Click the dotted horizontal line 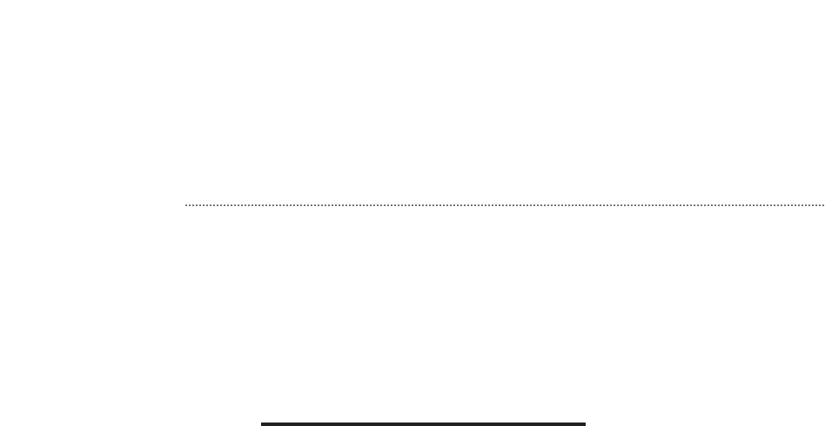click(x=505, y=206)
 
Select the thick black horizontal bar click(x=423, y=424)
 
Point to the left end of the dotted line click(x=186, y=206)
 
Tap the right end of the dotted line click(x=823, y=206)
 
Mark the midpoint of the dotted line click(x=505, y=206)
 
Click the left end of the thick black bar click(x=263, y=424)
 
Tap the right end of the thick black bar click(x=584, y=424)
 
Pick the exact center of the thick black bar click(x=423, y=424)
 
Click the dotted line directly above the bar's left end click(x=262, y=206)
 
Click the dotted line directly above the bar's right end click(x=585, y=206)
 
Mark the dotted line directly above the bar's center click(x=423, y=206)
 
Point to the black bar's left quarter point click(x=343, y=424)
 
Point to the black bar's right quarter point click(x=504, y=424)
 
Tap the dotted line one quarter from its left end click(x=345, y=206)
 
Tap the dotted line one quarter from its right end click(x=664, y=206)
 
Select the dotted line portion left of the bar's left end click(x=224, y=206)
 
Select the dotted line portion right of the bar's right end click(x=705, y=206)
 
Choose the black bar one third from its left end click(x=369, y=424)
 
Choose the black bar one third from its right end click(x=477, y=424)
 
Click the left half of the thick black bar click(x=343, y=424)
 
